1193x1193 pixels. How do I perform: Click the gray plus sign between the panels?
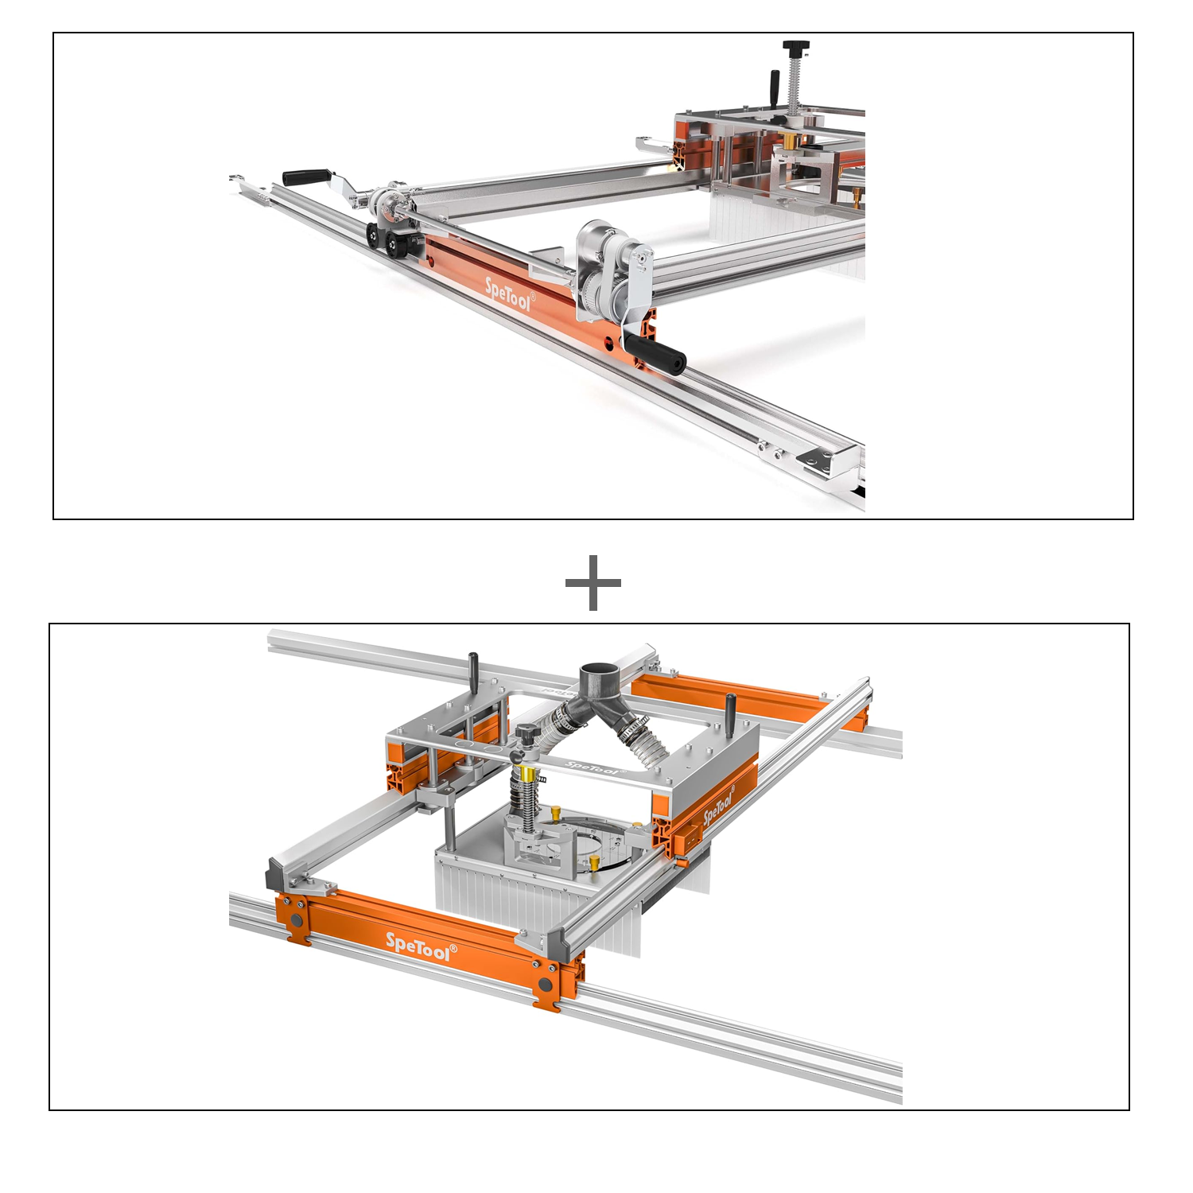593,583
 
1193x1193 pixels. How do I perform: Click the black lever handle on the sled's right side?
730,708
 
